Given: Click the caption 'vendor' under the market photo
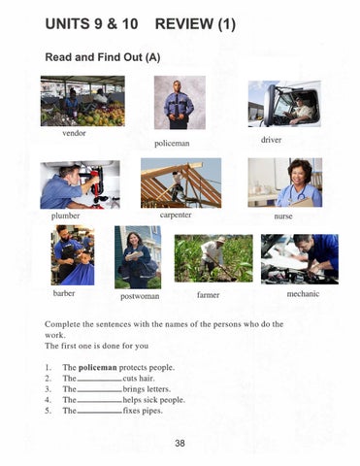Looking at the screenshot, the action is (x=74, y=133).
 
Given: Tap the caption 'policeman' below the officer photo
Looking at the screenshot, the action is (x=172, y=144).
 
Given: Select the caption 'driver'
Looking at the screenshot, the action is (x=271, y=140).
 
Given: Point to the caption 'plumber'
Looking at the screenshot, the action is (x=65, y=216).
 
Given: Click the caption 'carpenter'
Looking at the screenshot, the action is (x=176, y=215).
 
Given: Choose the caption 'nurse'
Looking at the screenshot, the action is (x=283, y=216).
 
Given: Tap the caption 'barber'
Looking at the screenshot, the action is (x=64, y=293).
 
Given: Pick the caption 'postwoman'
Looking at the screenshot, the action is (x=140, y=296).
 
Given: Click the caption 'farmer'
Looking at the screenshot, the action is (x=208, y=295).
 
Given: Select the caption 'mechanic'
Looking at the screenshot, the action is (x=303, y=294).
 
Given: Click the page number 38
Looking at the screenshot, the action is (x=180, y=443).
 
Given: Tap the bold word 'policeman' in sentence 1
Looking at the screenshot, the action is (x=98, y=368).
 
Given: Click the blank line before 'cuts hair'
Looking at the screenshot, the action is (x=100, y=381).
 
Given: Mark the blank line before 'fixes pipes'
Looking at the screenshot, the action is (x=100, y=413).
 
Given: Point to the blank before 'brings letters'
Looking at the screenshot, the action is (x=100, y=391).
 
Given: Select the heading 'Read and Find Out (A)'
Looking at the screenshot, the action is (x=103, y=57).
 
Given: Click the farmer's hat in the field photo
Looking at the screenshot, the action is (x=221, y=240).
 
